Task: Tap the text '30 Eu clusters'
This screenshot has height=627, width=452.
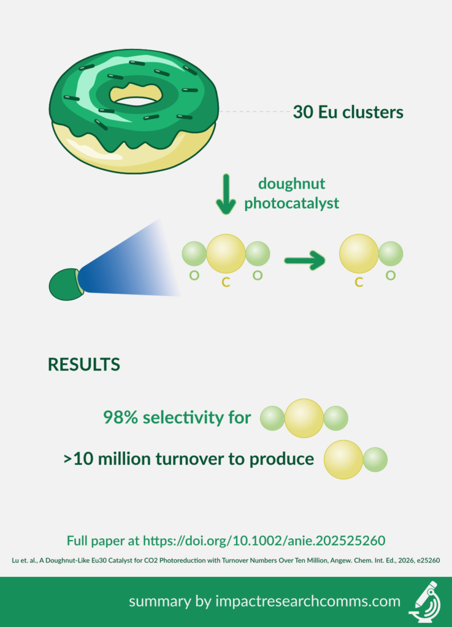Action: point(348,112)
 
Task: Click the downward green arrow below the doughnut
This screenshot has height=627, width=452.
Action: point(226,194)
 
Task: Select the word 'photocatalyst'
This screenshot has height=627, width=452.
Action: point(291,203)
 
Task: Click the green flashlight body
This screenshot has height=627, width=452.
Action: point(66,284)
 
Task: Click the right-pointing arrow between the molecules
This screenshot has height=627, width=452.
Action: point(305,261)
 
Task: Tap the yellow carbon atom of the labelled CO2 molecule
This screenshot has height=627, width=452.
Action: point(226,253)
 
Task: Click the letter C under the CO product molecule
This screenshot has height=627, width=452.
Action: point(359,283)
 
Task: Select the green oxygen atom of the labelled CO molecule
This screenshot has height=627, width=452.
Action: point(390,253)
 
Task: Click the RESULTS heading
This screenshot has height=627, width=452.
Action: point(83,365)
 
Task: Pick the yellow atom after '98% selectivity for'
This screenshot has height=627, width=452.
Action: point(304,418)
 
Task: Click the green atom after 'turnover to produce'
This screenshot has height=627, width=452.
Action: point(375,459)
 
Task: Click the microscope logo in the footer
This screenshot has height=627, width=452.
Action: point(425,602)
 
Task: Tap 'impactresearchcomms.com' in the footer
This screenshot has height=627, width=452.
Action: point(308,601)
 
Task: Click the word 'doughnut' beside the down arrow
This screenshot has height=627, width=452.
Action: point(291,184)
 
